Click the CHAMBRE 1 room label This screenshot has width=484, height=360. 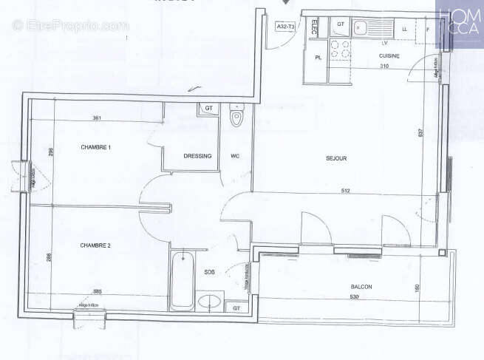(95, 147)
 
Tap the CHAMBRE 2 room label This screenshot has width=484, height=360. (95, 245)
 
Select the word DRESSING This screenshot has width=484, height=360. (197, 156)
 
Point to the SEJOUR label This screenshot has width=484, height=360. (336, 158)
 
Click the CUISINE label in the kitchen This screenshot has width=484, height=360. (389, 56)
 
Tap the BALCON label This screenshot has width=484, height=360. (361, 287)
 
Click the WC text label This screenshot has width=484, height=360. (234, 156)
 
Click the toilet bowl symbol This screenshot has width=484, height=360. (236, 118)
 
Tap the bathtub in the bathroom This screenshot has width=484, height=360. (182, 282)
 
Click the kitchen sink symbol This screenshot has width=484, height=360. (362, 29)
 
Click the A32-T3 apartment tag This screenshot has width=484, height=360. (285, 27)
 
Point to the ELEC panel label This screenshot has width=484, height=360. (313, 28)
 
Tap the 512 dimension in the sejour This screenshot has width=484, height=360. (344, 192)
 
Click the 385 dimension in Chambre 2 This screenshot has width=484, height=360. (97, 291)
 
